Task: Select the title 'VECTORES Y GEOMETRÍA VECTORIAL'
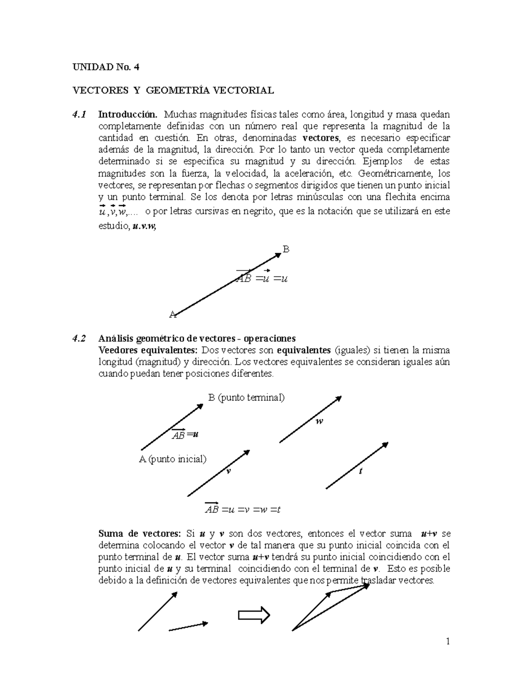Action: [x=173, y=90]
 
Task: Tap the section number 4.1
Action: [x=79, y=115]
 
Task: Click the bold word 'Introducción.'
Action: [x=128, y=115]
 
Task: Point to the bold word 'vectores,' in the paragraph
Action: [x=321, y=138]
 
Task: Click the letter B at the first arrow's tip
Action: [x=286, y=249]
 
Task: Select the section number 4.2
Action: [x=79, y=338]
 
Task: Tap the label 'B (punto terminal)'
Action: [x=246, y=398]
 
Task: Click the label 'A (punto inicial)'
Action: [x=173, y=459]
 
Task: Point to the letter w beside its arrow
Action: [x=319, y=421]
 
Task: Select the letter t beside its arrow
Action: [x=360, y=471]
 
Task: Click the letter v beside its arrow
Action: [x=228, y=472]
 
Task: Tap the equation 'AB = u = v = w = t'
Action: [x=243, y=509]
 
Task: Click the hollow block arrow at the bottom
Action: [x=254, y=616]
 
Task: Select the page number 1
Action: [x=447, y=641]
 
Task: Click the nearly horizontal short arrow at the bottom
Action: [x=188, y=626]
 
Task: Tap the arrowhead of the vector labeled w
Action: [x=338, y=398]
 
